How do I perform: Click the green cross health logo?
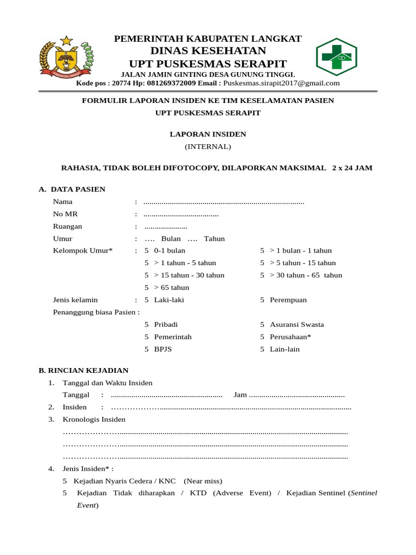[x=336, y=56]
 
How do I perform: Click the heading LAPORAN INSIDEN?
[x=207, y=134]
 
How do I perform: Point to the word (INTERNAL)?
[x=207, y=146]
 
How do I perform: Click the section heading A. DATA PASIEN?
[x=72, y=189]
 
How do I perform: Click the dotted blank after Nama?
[x=224, y=202]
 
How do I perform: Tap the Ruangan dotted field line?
[x=166, y=227]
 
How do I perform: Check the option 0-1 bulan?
[x=169, y=250]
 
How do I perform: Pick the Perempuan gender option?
[x=288, y=300]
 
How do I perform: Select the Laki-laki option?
[x=169, y=300]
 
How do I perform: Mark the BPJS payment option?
[x=162, y=349]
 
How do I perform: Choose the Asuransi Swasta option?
[x=296, y=325]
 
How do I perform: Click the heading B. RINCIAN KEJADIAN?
[x=83, y=370]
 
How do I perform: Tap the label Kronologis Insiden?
[x=94, y=419]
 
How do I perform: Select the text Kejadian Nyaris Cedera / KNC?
[x=125, y=481]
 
